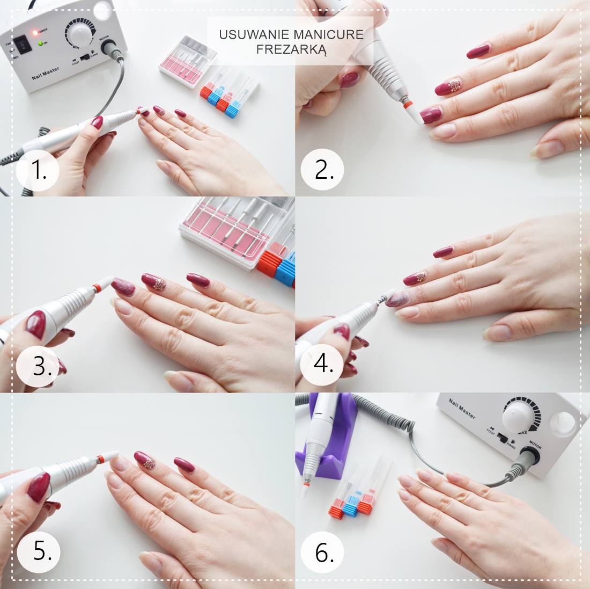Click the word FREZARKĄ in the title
[x=291, y=49]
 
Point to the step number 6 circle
[x=324, y=552]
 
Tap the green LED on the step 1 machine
[x=40, y=43]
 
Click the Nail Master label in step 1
[x=46, y=73]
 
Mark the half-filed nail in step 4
[x=397, y=298]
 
